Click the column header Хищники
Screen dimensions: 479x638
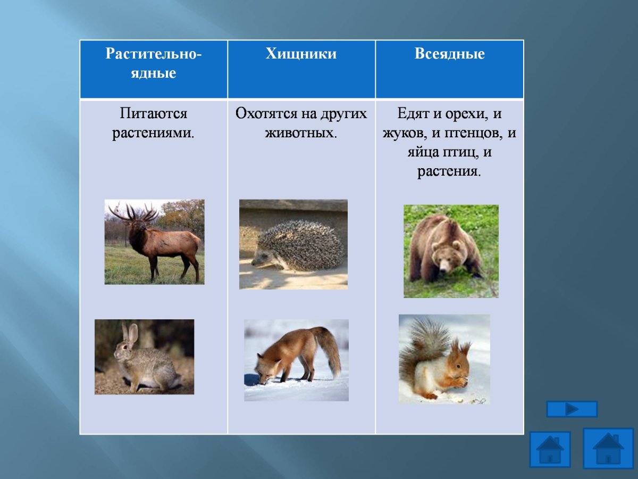click(301, 54)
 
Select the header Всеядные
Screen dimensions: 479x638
click(449, 54)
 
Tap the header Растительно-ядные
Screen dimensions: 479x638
click(153, 63)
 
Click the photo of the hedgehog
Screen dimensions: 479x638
click(293, 244)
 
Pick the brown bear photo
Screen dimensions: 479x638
click(451, 251)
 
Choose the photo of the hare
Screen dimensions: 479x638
click(144, 357)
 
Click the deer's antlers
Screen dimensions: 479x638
click(133, 212)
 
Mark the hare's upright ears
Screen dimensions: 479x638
click(129, 334)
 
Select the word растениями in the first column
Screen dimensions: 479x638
click(153, 132)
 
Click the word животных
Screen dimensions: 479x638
click(301, 132)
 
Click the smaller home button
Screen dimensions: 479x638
click(550, 450)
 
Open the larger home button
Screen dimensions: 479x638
click(608, 448)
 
